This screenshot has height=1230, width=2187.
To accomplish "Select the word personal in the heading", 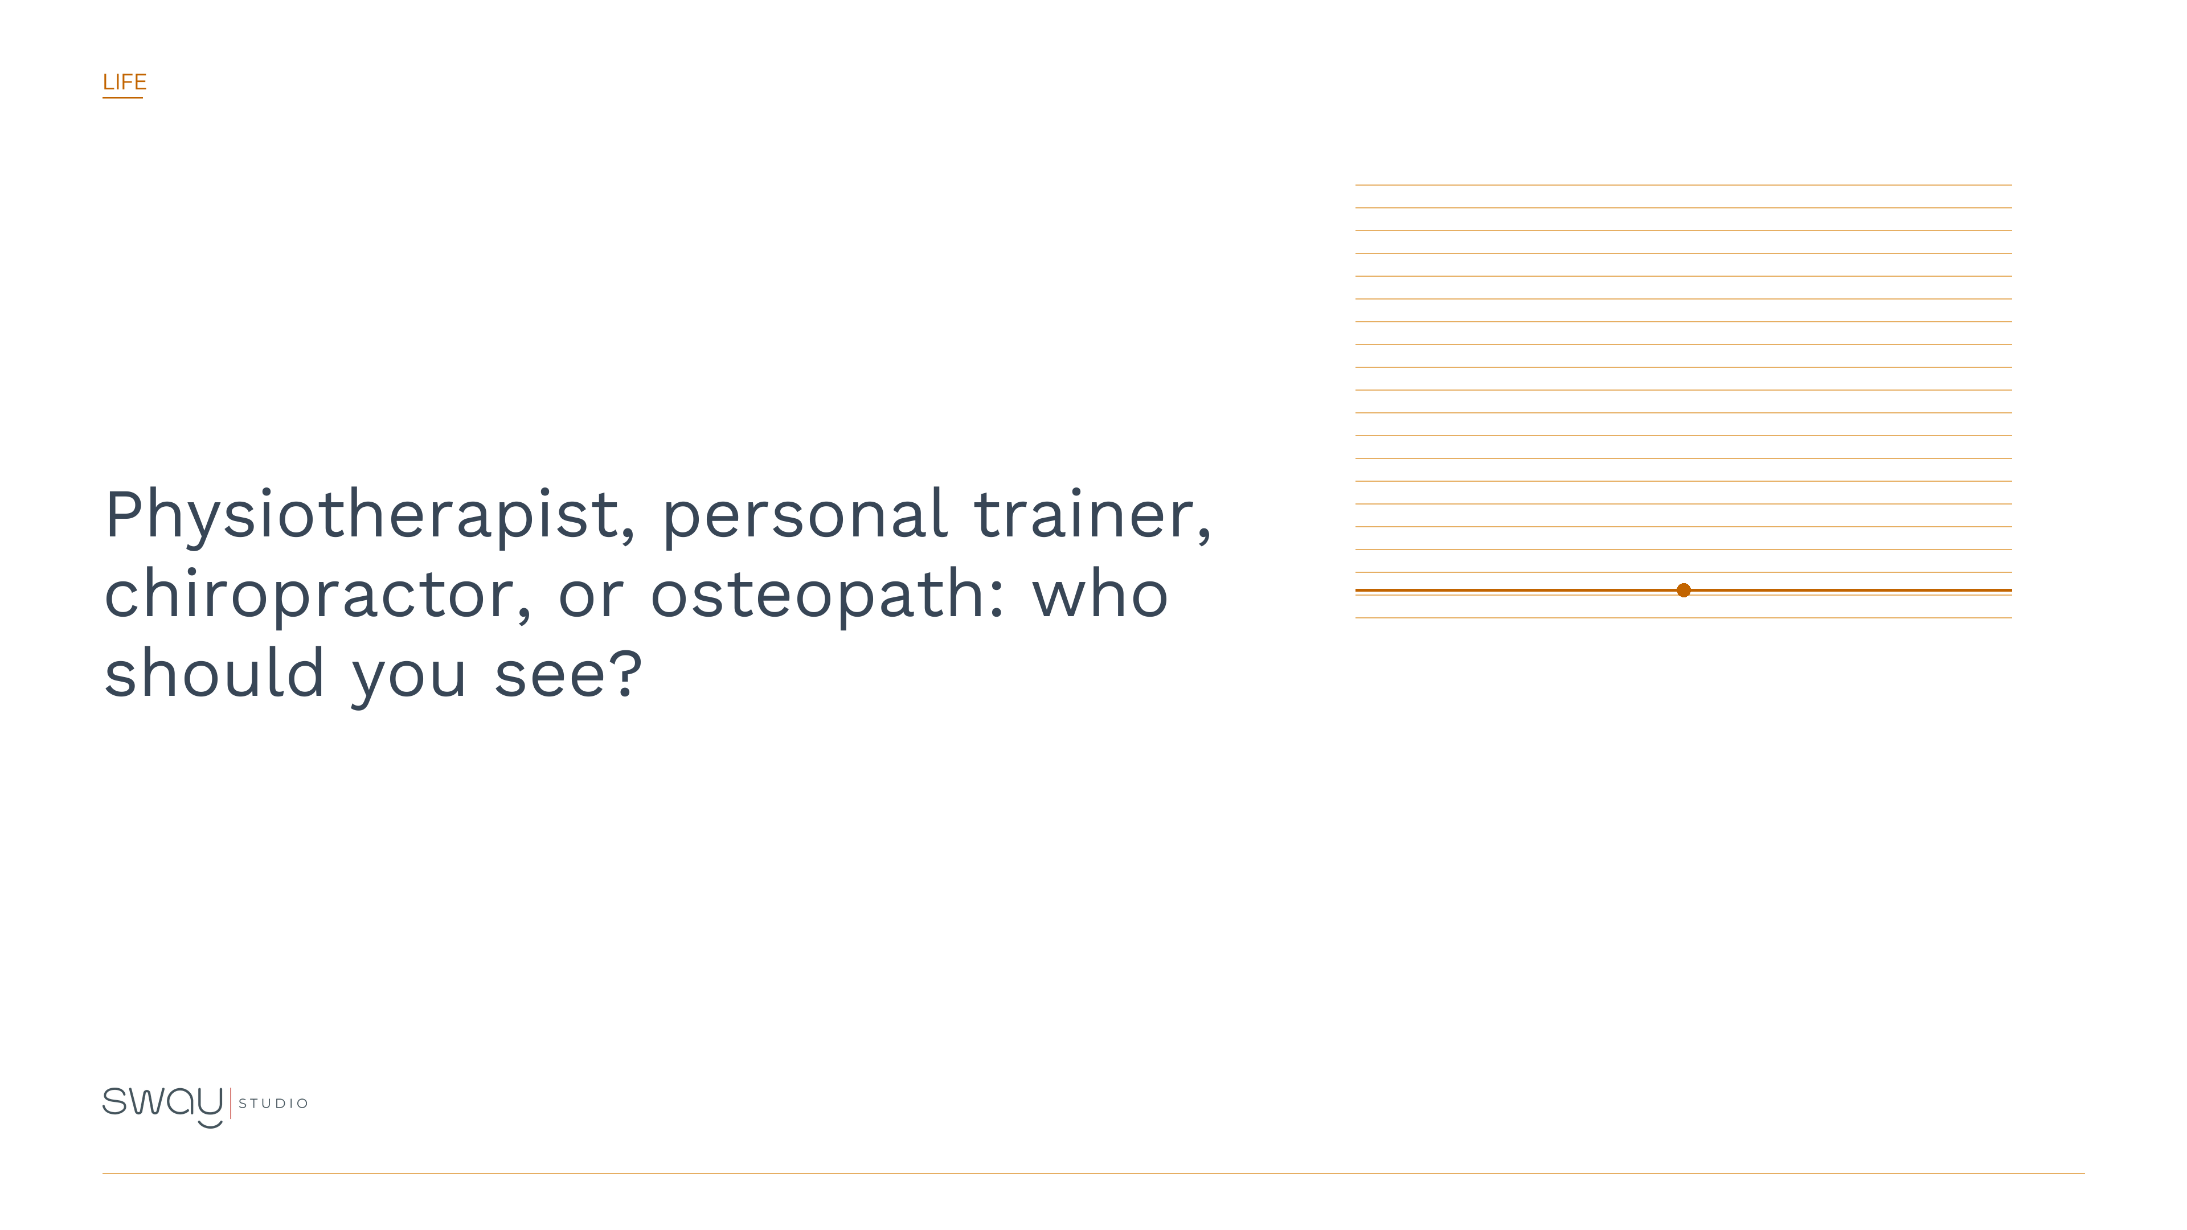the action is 804,516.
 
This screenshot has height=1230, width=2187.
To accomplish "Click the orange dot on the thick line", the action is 1684,590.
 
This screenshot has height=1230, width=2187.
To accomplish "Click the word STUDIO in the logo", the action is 273,1104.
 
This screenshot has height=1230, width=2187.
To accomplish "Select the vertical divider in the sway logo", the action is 231,1104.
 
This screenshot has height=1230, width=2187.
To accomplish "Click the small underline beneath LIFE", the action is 122,97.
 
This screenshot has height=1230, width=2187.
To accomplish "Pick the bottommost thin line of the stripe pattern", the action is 1684,618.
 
